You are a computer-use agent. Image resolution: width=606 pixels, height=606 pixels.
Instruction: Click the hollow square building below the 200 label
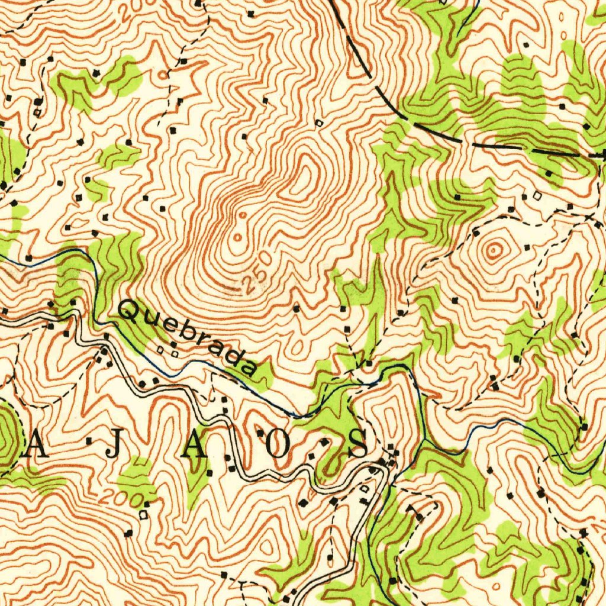click(143, 515)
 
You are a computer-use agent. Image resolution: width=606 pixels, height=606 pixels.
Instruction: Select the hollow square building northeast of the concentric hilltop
click(537, 195)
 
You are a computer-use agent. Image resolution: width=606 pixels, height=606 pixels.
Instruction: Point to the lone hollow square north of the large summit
click(320, 123)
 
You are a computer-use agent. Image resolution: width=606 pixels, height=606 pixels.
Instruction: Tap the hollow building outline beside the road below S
click(364, 489)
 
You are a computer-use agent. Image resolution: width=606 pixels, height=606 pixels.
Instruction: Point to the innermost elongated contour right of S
click(388, 408)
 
